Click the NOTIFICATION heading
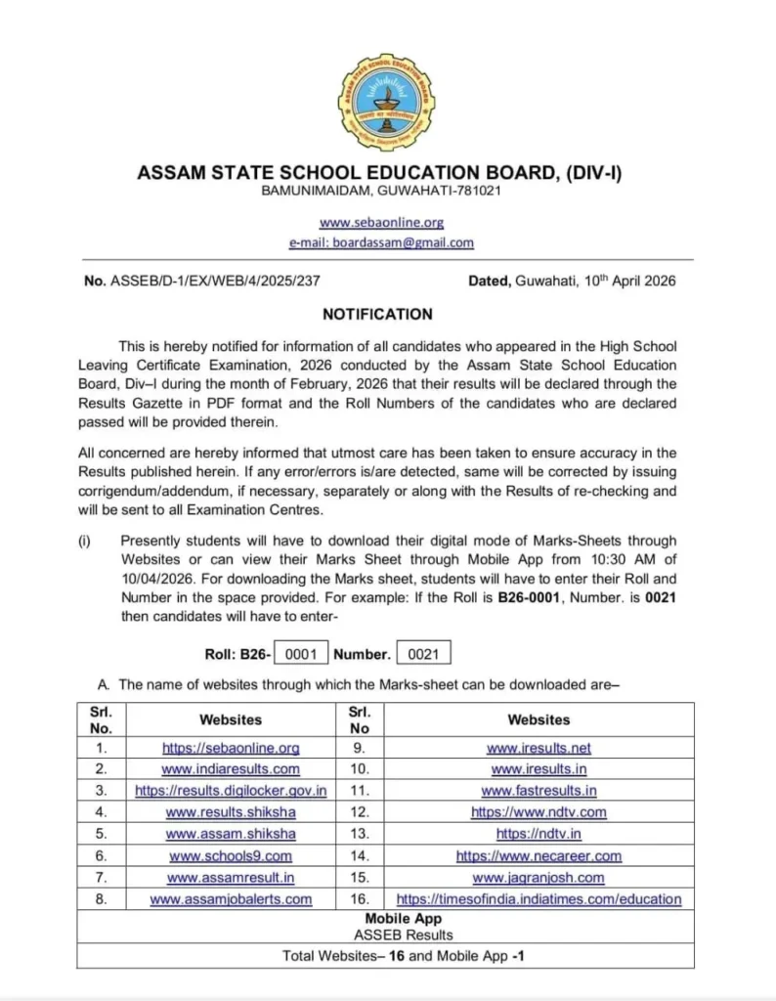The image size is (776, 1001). coord(377,315)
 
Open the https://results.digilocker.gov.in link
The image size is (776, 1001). coord(231,790)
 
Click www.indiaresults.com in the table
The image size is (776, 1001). coord(231,769)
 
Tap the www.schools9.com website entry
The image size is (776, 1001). coord(231,855)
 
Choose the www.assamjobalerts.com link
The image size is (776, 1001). coord(231,898)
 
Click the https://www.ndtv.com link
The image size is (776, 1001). coord(539,812)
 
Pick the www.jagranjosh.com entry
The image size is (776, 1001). coord(539,877)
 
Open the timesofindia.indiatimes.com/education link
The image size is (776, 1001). coord(539,898)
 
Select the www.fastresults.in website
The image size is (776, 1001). coord(539,790)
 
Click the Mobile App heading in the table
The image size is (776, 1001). coord(403,919)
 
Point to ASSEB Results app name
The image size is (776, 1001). coord(403,936)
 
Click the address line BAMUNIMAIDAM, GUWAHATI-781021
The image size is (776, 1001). coord(381,191)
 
